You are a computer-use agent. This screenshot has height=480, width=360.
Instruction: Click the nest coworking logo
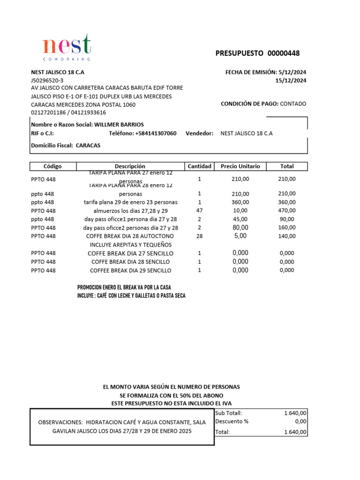coord(66,47)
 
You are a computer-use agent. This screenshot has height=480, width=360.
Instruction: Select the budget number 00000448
coord(283,53)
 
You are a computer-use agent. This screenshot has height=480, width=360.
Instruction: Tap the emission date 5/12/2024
coord(292,72)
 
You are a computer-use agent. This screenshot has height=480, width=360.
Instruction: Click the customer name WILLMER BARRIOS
coord(119,125)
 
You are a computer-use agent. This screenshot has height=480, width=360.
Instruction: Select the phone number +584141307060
coord(156,134)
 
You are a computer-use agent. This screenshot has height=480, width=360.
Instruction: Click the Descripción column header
coord(130,166)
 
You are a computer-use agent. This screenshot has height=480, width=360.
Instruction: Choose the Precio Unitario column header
coord(240,166)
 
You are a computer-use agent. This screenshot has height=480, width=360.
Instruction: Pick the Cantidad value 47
coord(199,210)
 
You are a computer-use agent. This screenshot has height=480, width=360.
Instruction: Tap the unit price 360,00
coord(240,202)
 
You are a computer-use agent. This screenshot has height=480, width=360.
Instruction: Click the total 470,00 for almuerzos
coord(287,210)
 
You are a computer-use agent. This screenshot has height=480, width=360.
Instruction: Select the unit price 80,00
coord(240,227)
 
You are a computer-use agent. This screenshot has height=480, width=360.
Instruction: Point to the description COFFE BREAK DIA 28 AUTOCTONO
coord(130,236)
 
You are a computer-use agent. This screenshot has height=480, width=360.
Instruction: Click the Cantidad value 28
coord(199,236)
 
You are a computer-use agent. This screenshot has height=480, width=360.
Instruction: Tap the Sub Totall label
coord(229,413)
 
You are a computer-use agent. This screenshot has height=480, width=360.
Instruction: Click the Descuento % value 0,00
coord(300,421)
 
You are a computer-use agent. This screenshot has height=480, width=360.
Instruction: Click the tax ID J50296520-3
coord(47,81)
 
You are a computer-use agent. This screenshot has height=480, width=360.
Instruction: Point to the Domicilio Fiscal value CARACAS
coord(88,145)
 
